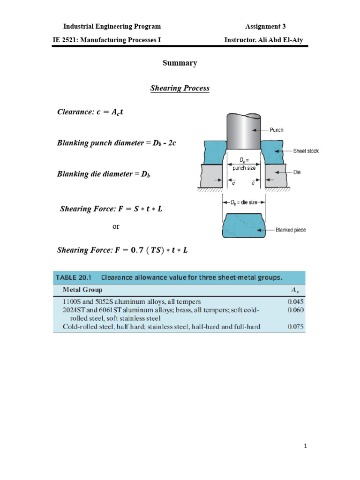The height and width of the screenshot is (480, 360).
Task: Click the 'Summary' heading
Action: (180, 63)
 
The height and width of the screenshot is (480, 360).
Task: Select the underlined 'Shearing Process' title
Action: (180, 88)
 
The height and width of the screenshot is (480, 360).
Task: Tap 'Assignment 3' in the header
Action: (265, 26)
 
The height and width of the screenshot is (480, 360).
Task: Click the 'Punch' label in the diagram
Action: (277, 130)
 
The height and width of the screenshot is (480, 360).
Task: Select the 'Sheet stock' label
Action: (306, 151)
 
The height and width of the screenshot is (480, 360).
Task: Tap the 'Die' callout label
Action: (297, 172)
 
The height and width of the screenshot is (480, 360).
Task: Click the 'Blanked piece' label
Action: (291, 230)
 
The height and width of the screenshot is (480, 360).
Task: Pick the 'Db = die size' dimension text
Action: (243, 202)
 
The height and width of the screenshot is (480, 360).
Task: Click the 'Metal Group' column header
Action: (82, 290)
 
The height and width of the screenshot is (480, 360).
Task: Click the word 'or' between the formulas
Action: (116, 226)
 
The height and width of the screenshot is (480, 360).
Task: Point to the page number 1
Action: (305, 447)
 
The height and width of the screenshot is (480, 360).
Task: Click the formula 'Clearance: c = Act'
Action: (90, 112)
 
